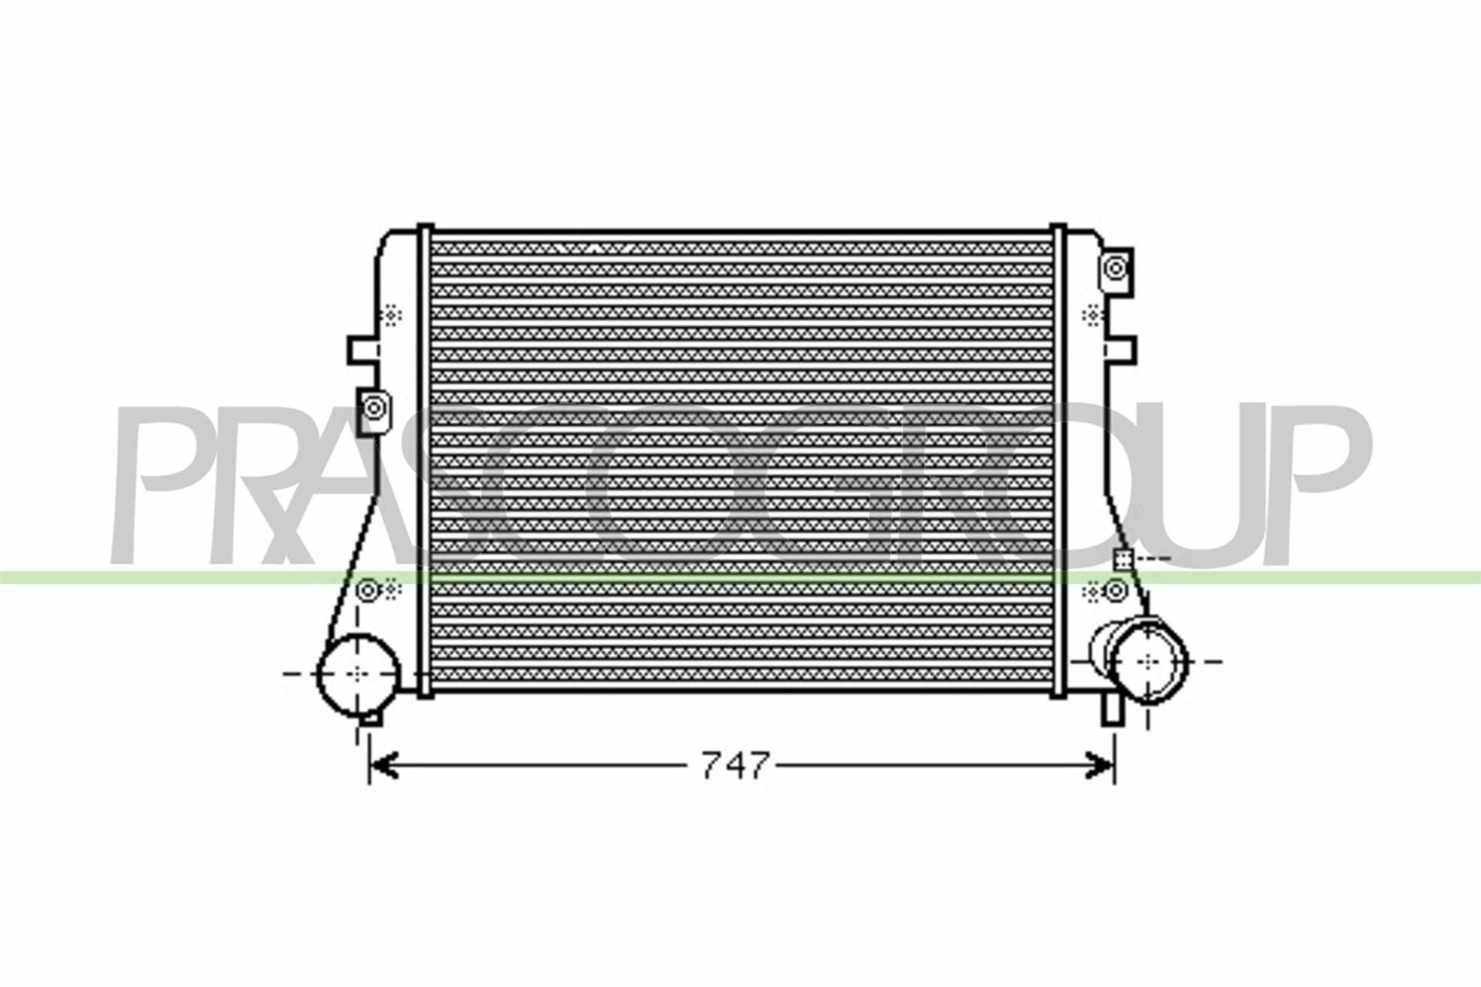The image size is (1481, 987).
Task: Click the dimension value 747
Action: [x=735, y=766]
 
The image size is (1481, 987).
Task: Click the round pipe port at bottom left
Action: [x=357, y=674]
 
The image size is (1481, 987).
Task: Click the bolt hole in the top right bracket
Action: [x=1116, y=268]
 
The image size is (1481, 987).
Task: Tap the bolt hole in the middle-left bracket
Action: [x=374, y=408]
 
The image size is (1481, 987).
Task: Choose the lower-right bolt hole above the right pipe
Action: [x=1116, y=590]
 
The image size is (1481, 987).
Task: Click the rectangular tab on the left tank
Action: [x=363, y=350]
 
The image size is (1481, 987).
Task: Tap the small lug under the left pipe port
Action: [x=373, y=718]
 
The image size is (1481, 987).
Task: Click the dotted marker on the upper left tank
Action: [x=392, y=315]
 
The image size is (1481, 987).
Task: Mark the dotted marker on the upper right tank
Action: [x=1090, y=315]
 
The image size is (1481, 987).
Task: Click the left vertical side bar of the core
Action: [x=426, y=460]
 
